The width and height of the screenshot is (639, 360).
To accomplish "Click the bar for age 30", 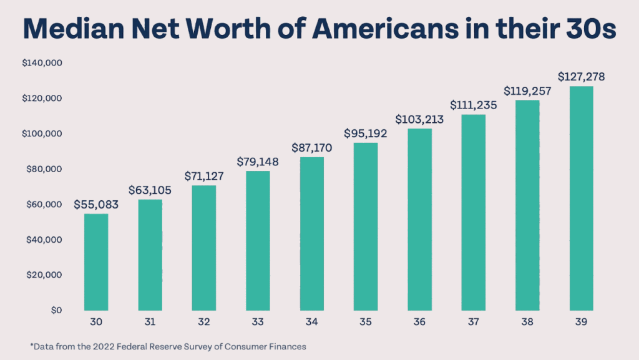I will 96,262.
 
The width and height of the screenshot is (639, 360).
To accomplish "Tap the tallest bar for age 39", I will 581,198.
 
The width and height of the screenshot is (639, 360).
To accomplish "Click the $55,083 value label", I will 96,205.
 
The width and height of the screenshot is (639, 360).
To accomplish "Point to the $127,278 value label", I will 581,77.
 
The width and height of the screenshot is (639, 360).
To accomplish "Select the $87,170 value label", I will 311,148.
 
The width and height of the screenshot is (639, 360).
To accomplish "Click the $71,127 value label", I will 203,176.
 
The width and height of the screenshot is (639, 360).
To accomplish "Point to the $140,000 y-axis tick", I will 39,63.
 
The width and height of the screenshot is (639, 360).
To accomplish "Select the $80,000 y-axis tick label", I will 41,169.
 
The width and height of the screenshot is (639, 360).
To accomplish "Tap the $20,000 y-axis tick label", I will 41,275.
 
